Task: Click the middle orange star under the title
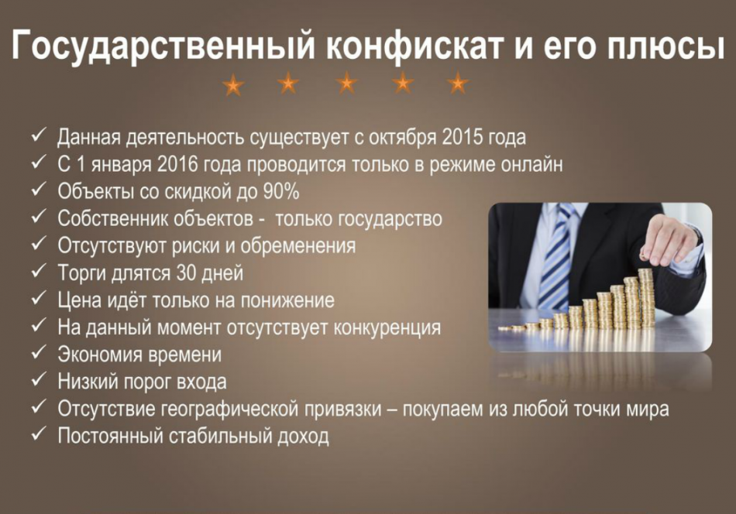tap(347, 83)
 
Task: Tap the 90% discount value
tap(281, 191)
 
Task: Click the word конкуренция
tap(387, 327)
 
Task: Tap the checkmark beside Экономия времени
tap(38, 353)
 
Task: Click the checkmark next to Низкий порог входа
tap(38, 380)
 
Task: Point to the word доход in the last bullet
tap(303, 437)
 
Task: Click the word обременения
tap(298, 246)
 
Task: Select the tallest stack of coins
tap(647, 298)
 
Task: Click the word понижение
tap(287, 300)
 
